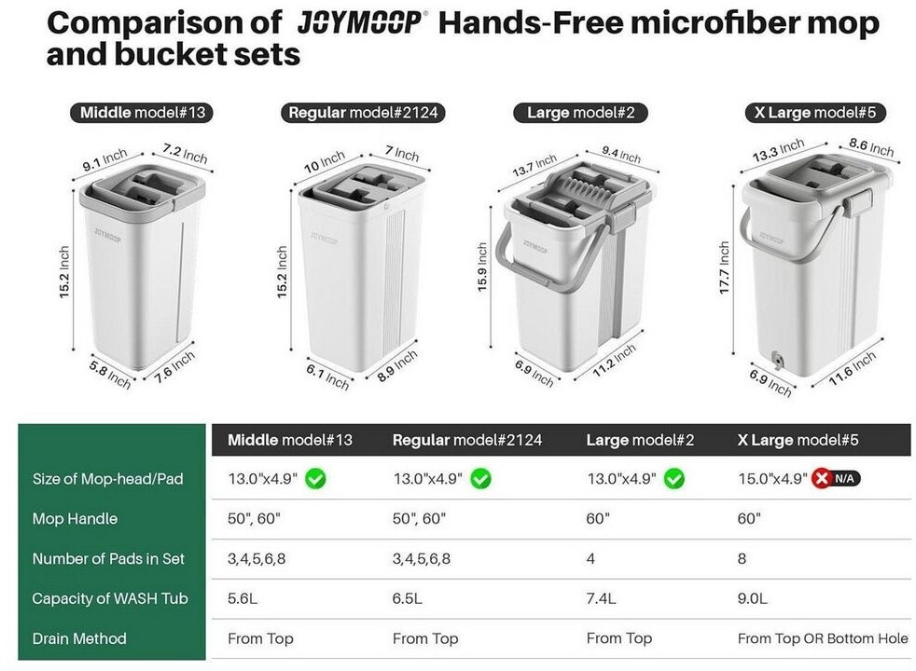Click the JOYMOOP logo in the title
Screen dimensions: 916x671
tap(362, 23)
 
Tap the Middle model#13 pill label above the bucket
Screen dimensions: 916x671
tap(142, 113)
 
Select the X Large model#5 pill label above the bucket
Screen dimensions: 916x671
tap(815, 113)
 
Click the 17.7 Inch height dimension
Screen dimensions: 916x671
tap(725, 267)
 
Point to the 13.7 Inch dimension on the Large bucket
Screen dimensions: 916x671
tap(534, 165)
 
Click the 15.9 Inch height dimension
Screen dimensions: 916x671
tap(482, 267)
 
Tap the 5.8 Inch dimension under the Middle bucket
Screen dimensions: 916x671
tap(110, 374)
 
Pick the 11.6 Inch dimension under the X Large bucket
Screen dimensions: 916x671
tap(853, 368)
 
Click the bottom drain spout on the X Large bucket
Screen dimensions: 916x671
tap(777, 360)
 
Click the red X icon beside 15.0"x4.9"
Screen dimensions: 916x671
tap(822, 479)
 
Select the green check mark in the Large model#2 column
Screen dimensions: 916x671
tap(674, 479)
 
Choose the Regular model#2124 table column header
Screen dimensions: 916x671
tap(467, 440)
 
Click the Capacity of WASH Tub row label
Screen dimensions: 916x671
tap(110, 598)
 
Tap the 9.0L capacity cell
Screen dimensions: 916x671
tap(752, 598)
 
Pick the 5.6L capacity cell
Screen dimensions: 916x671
tap(242, 598)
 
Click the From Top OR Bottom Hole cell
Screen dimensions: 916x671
tap(823, 638)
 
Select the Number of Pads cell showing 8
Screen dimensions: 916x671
tap(742, 559)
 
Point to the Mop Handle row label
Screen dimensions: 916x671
tap(75, 519)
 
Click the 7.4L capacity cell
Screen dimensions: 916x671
tap(601, 598)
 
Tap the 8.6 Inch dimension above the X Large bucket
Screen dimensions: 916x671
tap(871, 147)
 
